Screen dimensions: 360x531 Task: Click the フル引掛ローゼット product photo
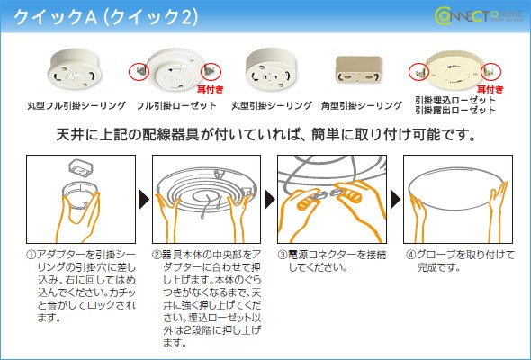click(175, 70)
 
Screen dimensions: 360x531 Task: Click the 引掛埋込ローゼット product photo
click(454, 69)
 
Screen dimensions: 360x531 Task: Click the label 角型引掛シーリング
click(361, 106)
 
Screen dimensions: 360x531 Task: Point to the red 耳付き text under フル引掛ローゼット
click(210, 91)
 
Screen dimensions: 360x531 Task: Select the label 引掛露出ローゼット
click(455, 111)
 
